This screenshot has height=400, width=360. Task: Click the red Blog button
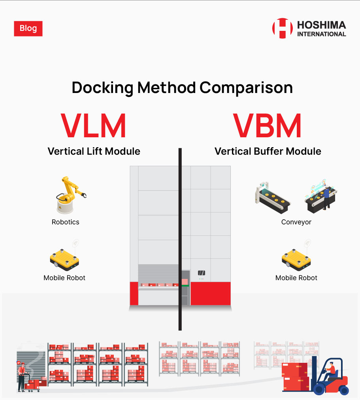click(28, 28)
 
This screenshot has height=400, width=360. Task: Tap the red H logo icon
click(282, 28)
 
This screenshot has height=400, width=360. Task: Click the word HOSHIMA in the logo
click(322, 25)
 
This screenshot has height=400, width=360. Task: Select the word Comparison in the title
click(246, 87)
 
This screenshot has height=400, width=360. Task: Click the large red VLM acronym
click(94, 126)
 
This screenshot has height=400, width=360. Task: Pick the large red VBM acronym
click(267, 126)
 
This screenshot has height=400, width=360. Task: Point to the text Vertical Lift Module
click(94, 151)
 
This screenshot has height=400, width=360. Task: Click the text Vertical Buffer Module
click(268, 151)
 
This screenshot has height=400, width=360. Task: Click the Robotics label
click(66, 222)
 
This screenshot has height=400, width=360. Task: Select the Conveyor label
click(296, 222)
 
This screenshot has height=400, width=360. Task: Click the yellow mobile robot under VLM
click(64, 260)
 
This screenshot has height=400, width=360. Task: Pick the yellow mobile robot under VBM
click(296, 260)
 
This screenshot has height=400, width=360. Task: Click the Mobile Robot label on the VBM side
click(296, 278)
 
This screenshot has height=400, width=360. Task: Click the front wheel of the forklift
click(319, 389)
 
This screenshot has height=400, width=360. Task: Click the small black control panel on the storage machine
click(202, 273)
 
